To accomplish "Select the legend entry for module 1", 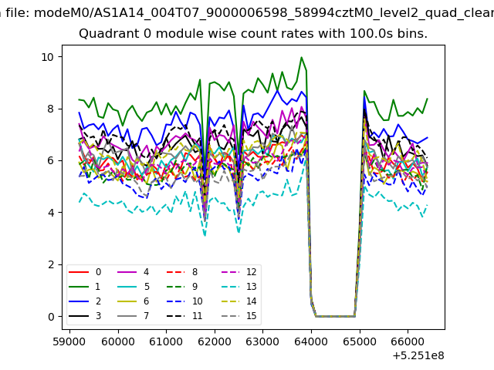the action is pos(85,287).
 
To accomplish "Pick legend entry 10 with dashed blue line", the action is pos(184,301).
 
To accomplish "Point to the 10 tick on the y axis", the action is pos(48,57).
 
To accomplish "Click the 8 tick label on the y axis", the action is pos(51,109).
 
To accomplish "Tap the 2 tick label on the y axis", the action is pos(51,264).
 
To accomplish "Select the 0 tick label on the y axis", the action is pos(51,317).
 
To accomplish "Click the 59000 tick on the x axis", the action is pos(69,341).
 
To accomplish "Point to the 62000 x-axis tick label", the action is pos(215,341).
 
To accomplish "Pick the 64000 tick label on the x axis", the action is pos(311,341).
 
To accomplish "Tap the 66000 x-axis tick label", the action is pos(408,341).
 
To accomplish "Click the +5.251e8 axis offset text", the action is pos(418,355).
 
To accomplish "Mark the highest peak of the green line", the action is pos(302,57).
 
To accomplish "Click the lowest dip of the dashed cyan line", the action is pos(205,235).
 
